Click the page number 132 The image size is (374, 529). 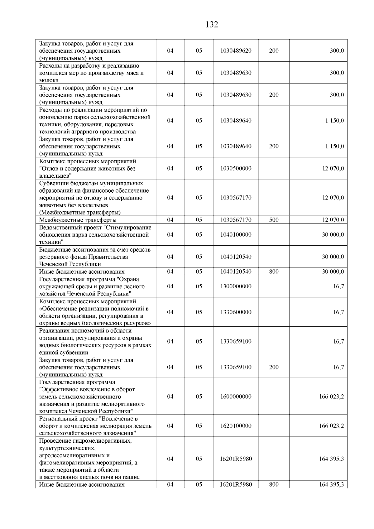coord(212,25)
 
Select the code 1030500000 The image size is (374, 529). coord(236,168)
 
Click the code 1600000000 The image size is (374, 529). coord(236,397)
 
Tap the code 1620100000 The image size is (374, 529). coord(236,426)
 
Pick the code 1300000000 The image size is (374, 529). coord(236,286)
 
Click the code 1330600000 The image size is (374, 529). coord(236,312)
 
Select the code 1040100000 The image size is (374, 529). coord(236,234)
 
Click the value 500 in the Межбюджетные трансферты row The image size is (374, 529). coord(274,220)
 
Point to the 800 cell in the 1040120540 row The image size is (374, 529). coord(274,272)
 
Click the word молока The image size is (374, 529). coord(49,80)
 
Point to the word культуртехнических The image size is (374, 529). coord(67,448)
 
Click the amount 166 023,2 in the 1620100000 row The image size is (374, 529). coord(331,426)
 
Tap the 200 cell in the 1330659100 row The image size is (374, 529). coord(274,367)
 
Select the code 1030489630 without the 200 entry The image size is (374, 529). coord(236,73)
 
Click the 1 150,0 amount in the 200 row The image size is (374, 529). coord(335,146)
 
